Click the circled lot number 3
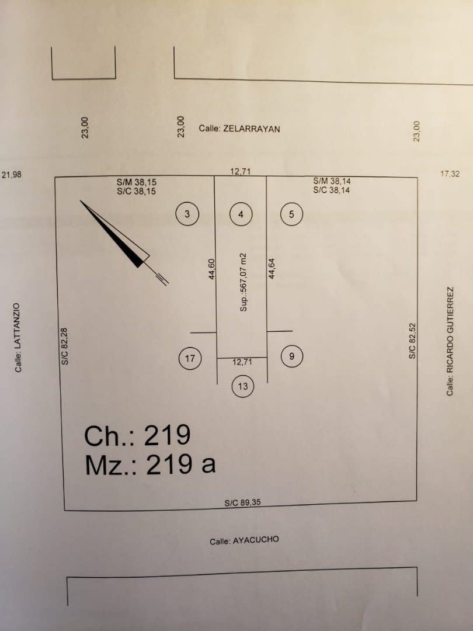point(187,214)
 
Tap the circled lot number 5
point(291,214)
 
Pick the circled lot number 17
point(190,358)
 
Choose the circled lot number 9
point(292,355)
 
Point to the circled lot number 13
point(243,386)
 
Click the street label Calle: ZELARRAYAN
point(239,129)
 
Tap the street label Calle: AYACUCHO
point(244,540)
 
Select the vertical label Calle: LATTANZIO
point(18,337)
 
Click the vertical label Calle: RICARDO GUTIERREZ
point(450,341)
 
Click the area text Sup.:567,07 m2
point(244,282)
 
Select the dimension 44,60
point(213,270)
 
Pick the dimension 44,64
point(272,269)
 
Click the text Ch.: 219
point(137,435)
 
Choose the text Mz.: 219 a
point(150,464)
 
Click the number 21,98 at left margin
point(12,174)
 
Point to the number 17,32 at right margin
point(452,174)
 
